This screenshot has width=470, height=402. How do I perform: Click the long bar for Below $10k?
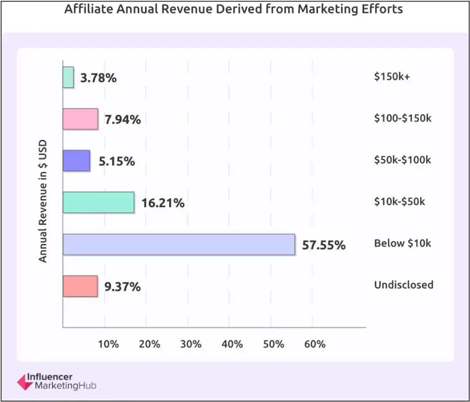tap(179, 244)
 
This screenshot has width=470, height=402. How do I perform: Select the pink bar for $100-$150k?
tap(80, 119)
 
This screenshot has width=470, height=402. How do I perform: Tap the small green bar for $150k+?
tap(68, 77)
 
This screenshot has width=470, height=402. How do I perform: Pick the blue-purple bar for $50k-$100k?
tap(76, 161)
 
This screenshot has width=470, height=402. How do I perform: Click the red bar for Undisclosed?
tap(80, 286)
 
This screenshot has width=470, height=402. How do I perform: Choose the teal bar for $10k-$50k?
tap(98, 203)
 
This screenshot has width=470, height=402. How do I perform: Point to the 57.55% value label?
tap(324, 245)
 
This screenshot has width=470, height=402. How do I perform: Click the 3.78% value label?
tap(98, 78)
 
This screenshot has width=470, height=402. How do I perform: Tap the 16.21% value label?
tap(163, 203)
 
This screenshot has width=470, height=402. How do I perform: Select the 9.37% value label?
tap(122, 287)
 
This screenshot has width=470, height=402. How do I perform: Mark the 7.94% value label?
tap(123, 120)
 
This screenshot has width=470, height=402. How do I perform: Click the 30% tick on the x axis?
tap(191, 344)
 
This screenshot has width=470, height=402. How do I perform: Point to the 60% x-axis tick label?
tap(315, 344)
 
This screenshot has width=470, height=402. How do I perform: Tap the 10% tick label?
tap(108, 344)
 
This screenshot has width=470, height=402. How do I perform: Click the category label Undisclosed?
tap(403, 285)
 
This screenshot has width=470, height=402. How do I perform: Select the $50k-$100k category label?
tap(402, 160)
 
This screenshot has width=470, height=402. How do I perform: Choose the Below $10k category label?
tap(402, 243)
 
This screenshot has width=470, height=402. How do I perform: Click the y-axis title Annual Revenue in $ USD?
tap(43, 202)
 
